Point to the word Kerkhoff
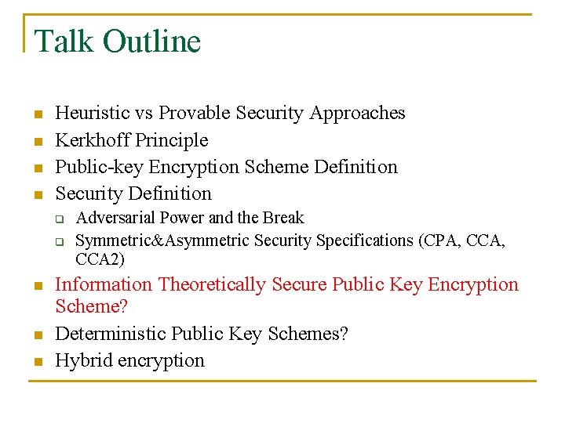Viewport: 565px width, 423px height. click(x=93, y=140)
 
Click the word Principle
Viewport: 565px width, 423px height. click(x=172, y=140)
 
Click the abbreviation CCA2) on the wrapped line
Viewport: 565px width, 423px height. click(x=100, y=258)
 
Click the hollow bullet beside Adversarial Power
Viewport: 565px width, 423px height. click(x=60, y=219)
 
